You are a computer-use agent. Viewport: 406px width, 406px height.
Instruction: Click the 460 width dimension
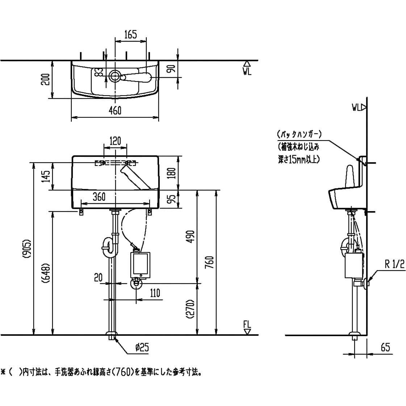point(115,110)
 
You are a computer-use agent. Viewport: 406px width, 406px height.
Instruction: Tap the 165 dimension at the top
point(130,34)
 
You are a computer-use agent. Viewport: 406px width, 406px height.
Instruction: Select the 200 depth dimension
point(46,80)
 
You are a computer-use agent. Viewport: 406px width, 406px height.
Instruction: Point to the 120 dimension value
point(115,141)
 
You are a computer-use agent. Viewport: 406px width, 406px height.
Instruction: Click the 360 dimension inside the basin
point(99,197)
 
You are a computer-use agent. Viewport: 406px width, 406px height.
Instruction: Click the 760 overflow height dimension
point(210,262)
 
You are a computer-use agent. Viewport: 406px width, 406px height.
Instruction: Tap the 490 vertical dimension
point(191,237)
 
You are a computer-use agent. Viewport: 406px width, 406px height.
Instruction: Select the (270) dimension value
point(191,309)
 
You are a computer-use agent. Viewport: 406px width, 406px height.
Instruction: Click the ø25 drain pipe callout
point(142,347)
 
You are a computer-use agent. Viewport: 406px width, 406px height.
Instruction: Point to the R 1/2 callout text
point(394,264)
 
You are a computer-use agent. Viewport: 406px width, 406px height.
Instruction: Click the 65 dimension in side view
point(385,347)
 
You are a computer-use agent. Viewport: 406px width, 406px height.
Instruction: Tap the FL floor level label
point(247,324)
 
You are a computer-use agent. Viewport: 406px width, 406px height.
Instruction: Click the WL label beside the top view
point(247,71)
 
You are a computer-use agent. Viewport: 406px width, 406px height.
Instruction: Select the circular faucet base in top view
point(114,76)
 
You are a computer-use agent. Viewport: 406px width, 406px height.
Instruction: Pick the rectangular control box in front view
point(140,265)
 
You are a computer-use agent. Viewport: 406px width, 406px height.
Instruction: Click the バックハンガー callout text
point(299,135)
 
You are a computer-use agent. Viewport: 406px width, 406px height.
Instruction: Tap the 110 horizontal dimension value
point(155,293)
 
